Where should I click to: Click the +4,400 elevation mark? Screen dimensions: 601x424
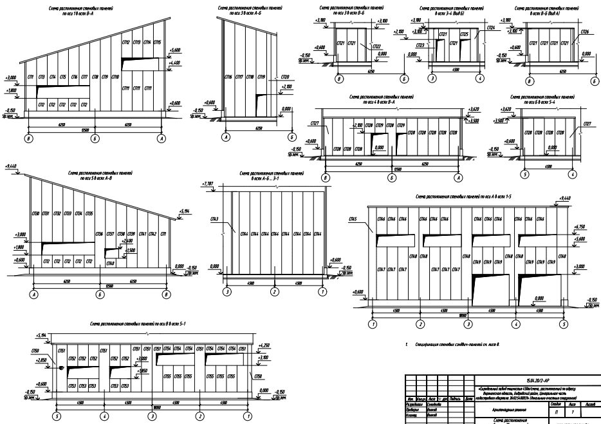[x=174, y=63]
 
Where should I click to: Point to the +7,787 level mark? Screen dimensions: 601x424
[x=207, y=184]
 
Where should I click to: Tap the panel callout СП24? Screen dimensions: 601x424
[x=491, y=28]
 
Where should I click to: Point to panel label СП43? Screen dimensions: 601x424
[x=214, y=220]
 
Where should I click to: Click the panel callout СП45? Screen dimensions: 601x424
[x=352, y=220]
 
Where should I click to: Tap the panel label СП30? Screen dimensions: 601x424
[x=36, y=213]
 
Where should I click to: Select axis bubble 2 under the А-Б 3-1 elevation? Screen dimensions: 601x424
[x=275, y=293]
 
